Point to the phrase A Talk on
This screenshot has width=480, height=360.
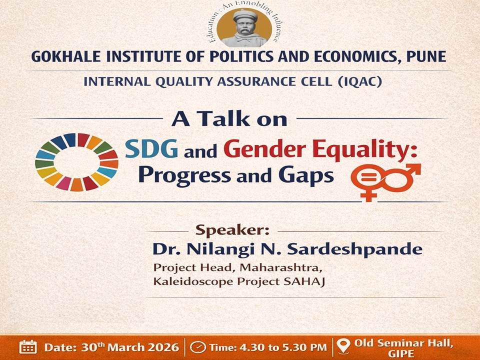tap(229, 118)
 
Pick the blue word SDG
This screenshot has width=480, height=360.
tap(152, 149)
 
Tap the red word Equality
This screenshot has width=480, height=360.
tap(360, 149)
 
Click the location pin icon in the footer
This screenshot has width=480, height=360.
tap(342, 346)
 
